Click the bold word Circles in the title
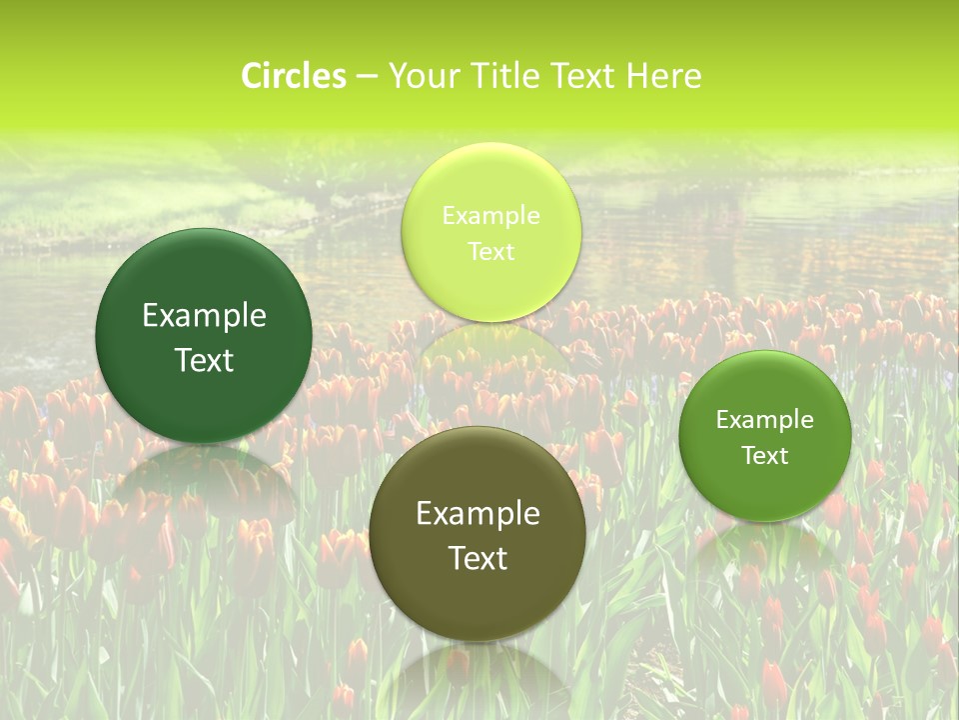(x=293, y=76)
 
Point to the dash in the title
(x=367, y=77)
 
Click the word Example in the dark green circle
(x=204, y=316)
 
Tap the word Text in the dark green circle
(x=204, y=360)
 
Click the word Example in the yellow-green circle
(x=490, y=215)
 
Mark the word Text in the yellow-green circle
(x=490, y=251)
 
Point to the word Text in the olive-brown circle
(x=478, y=558)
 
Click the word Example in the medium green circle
(x=765, y=419)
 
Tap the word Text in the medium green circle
(x=765, y=455)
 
